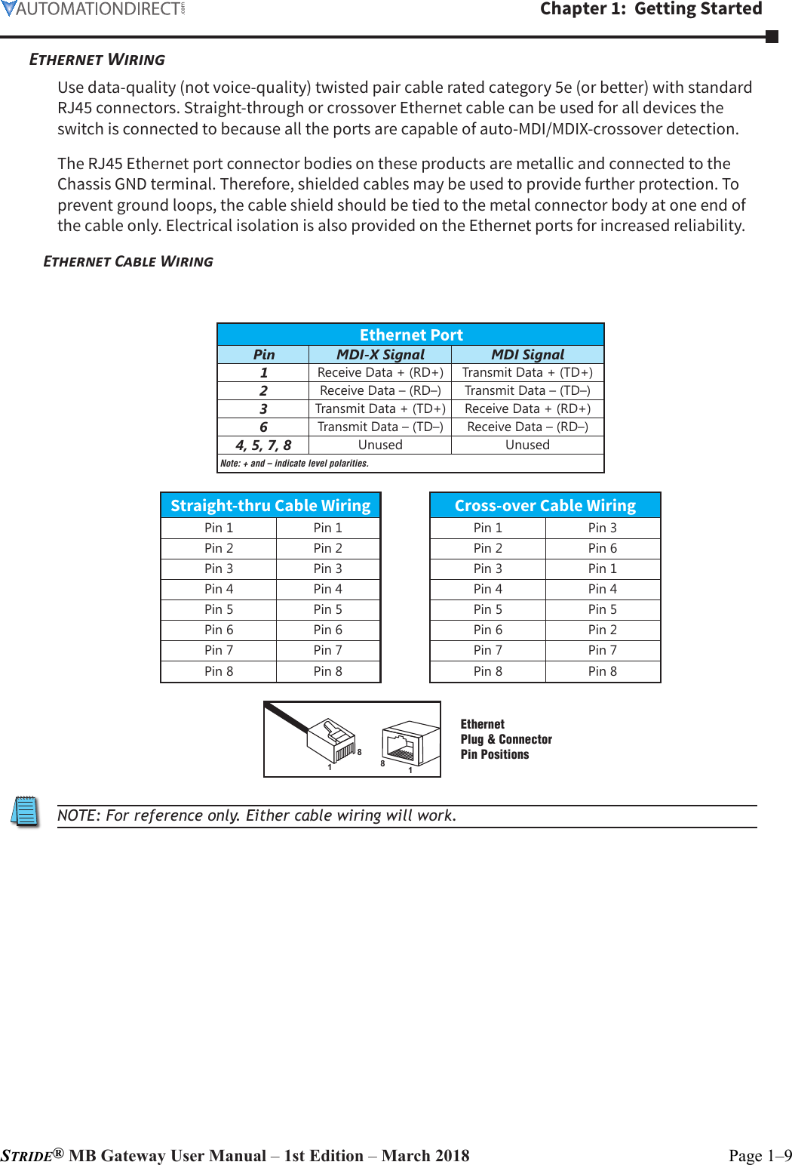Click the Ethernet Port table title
pyautogui.click(x=411, y=334)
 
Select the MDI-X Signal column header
pyautogui.click(x=380, y=354)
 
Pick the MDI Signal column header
pyautogui.click(x=527, y=354)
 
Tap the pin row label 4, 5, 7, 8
pyautogui.click(x=263, y=445)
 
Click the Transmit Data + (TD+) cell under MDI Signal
pyautogui.click(x=527, y=372)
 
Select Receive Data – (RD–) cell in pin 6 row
pyautogui.click(x=527, y=427)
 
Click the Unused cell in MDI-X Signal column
pyautogui.click(x=380, y=445)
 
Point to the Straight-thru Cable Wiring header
pyautogui.click(x=270, y=505)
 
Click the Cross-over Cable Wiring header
pyautogui.click(x=545, y=505)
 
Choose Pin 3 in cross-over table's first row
pyautogui.click(x=602, y=528)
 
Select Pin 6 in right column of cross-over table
pyautogui.click(x=602, y=548)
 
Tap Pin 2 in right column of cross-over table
pyautogui.click(x=602, y=630)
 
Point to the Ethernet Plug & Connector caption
pyautogui.click(x=505, y=739)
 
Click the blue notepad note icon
pyautogui.click(x=26, y=812)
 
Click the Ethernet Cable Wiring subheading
pyautogui.click(x=128, y=261)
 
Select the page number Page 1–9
pyautogui.click(x=760, y=1155)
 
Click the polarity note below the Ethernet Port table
pyautogui.click(x=294, y=464)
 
